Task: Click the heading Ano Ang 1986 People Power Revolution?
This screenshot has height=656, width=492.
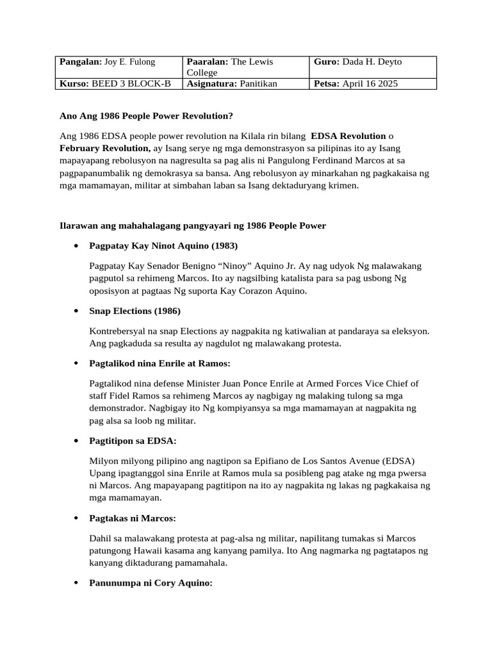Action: pos(146,116)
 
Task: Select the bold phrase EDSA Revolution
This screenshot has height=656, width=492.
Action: pos(348,136)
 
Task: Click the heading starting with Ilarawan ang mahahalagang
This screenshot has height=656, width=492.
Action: pos(192,225)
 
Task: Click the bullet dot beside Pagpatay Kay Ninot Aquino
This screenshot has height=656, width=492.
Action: pos(77,246)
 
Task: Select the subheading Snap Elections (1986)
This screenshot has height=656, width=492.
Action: pos(135,311)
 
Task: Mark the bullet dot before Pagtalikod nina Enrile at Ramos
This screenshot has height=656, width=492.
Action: pos(77,363)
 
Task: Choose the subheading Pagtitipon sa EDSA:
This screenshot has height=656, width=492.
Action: pos(133,441)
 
